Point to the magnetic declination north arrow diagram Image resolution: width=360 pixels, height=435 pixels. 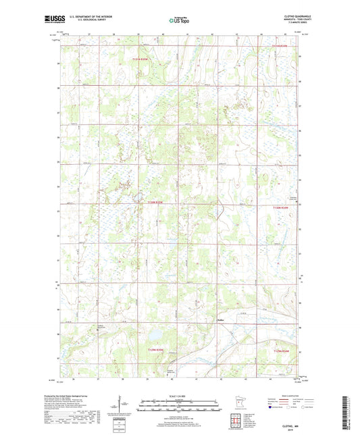click(123, 405)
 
